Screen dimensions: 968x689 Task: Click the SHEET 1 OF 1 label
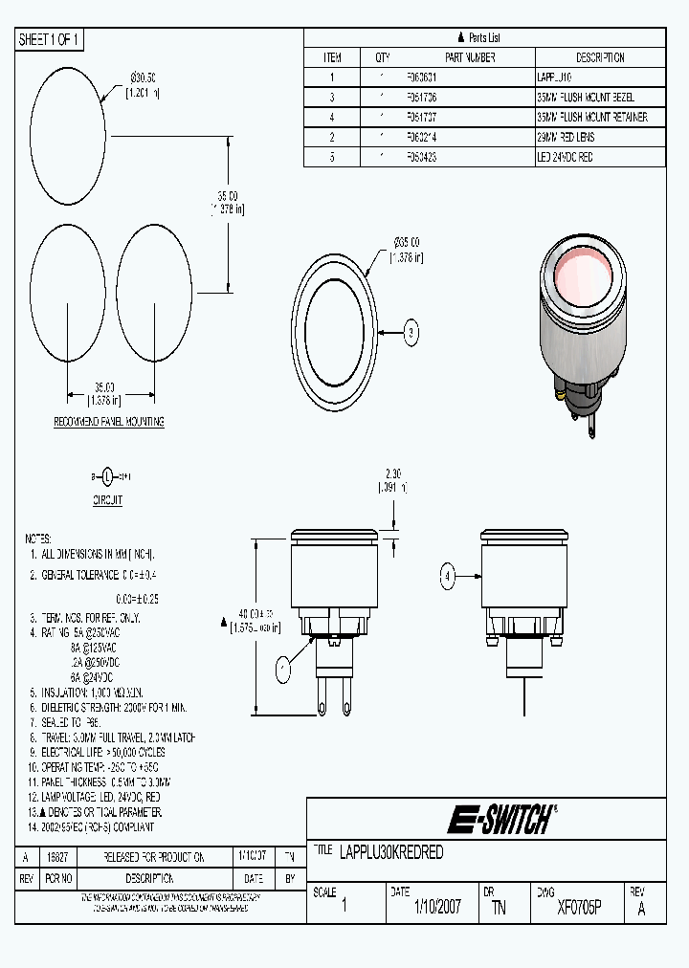click(x=51, y=39)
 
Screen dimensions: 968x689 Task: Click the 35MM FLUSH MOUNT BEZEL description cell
click(x=586, y=98)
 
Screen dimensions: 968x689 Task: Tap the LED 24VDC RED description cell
click(x=565, y=157)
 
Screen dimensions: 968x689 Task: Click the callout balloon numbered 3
click(x=411, y=333)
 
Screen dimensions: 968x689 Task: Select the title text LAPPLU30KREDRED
click(x=391, y=852)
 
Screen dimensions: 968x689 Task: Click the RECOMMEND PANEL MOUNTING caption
click(x=108, y=422)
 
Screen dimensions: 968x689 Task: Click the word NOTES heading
click(x=38, y=539)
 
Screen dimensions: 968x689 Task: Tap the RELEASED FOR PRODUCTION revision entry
click(x=148, y=857)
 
